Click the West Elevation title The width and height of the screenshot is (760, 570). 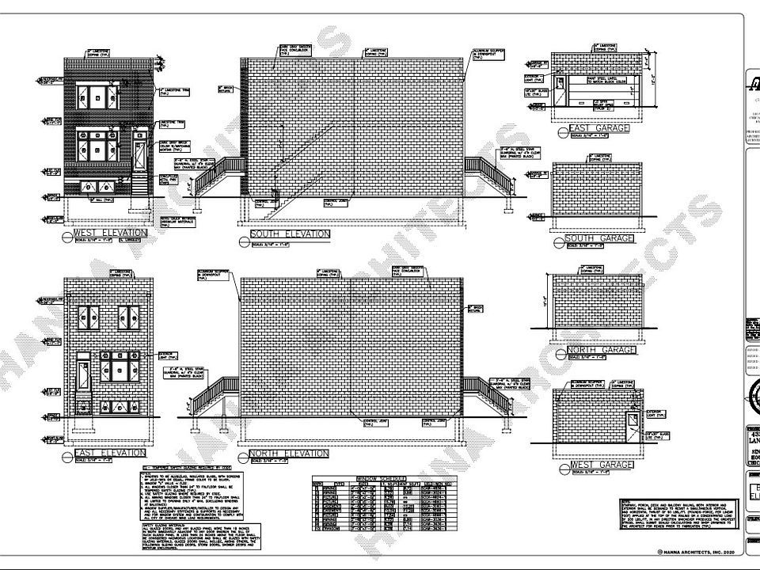[x=110, y=234]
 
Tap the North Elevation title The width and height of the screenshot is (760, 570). [x=289, y=454]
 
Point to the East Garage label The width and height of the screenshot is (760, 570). [x=598, y=127]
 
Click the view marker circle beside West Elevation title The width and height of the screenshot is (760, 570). [x=67, y=235]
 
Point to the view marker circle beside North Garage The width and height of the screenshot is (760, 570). [x=561, y=349]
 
